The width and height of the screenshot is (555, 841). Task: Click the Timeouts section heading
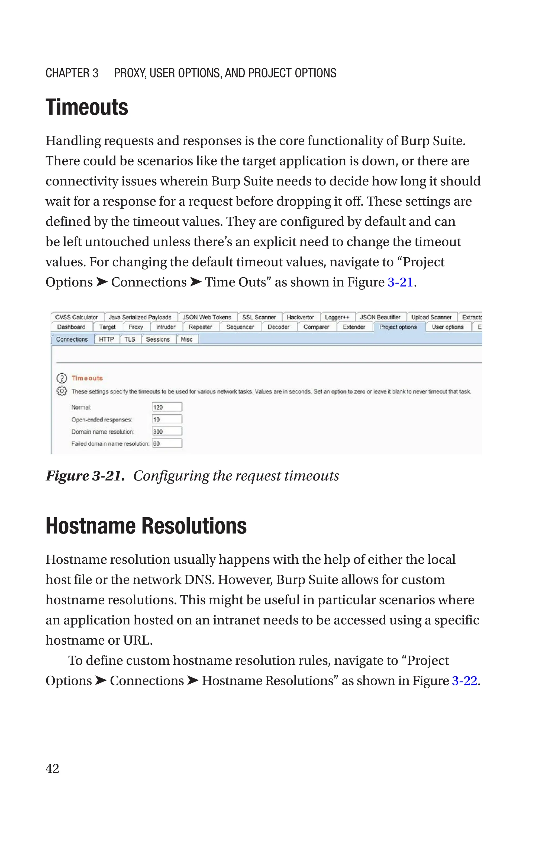(87, 107)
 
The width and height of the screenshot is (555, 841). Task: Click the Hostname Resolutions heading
(146, 526)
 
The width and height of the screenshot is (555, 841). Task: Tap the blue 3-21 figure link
(400, 282)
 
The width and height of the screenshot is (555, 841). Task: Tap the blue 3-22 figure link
(464, 681)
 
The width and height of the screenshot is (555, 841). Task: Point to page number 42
(52, 768)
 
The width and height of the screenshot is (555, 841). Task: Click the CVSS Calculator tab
(76, 317)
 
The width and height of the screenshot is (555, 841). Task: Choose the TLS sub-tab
(130, 339)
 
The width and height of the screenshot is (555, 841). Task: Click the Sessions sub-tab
(158, 339)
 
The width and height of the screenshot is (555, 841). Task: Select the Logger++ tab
(337, 317)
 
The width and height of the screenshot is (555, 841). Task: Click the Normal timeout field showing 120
(167, 407)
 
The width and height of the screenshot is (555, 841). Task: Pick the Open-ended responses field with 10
(167, 420)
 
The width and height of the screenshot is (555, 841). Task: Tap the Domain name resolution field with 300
(167, 431)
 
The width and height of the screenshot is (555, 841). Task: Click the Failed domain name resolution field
(167, 443)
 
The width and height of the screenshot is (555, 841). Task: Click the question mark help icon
(62, 378)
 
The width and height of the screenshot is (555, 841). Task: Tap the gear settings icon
(62, 391)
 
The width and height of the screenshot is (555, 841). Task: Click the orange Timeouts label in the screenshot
(87, 378)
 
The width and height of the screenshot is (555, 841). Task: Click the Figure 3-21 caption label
(85, 476)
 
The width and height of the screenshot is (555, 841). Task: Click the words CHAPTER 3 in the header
(72, 73)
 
